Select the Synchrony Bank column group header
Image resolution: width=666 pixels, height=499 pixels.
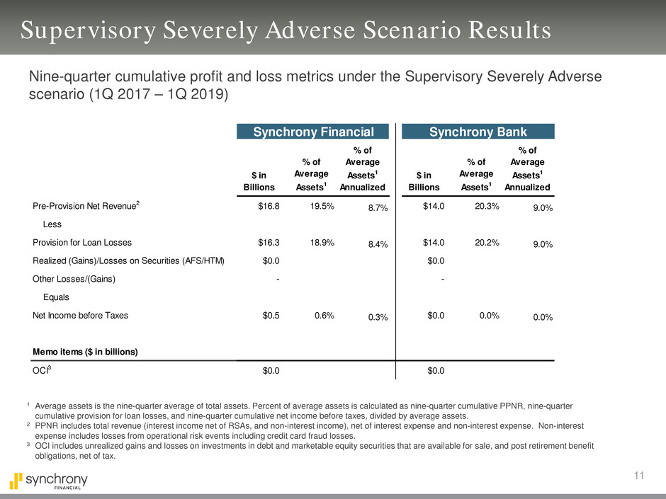point(478,131)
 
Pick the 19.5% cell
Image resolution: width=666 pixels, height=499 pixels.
point(320,205)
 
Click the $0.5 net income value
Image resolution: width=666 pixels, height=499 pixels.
point(269,316)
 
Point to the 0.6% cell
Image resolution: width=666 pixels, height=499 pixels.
point(323,316)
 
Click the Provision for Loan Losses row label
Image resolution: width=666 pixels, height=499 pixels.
point(83,242)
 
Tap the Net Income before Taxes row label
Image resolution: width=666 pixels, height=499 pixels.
point(80,316)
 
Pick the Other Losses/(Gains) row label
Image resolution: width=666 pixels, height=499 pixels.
point(74,279)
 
